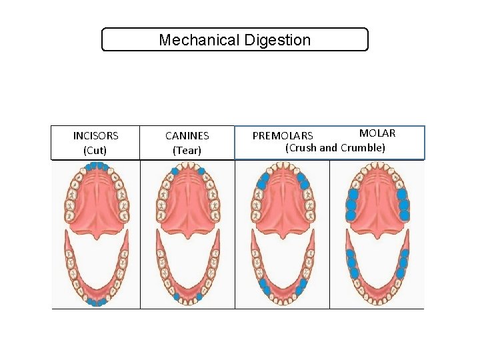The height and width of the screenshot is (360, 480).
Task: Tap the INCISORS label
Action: coord(95,136)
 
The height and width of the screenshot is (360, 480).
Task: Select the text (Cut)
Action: coord(95,151)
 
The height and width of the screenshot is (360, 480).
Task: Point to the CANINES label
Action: coord(187,136)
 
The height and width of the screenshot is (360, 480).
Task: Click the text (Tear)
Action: coord(187,151)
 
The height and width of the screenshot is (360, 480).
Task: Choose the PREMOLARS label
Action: coord(283,137)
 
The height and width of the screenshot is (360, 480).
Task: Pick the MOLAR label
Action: coord(377,133)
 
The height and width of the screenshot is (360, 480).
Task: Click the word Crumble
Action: coord(363,147)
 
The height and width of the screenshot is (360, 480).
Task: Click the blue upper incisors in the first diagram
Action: coord(97,166)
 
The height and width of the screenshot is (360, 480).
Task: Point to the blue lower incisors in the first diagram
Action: coord(97,302)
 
